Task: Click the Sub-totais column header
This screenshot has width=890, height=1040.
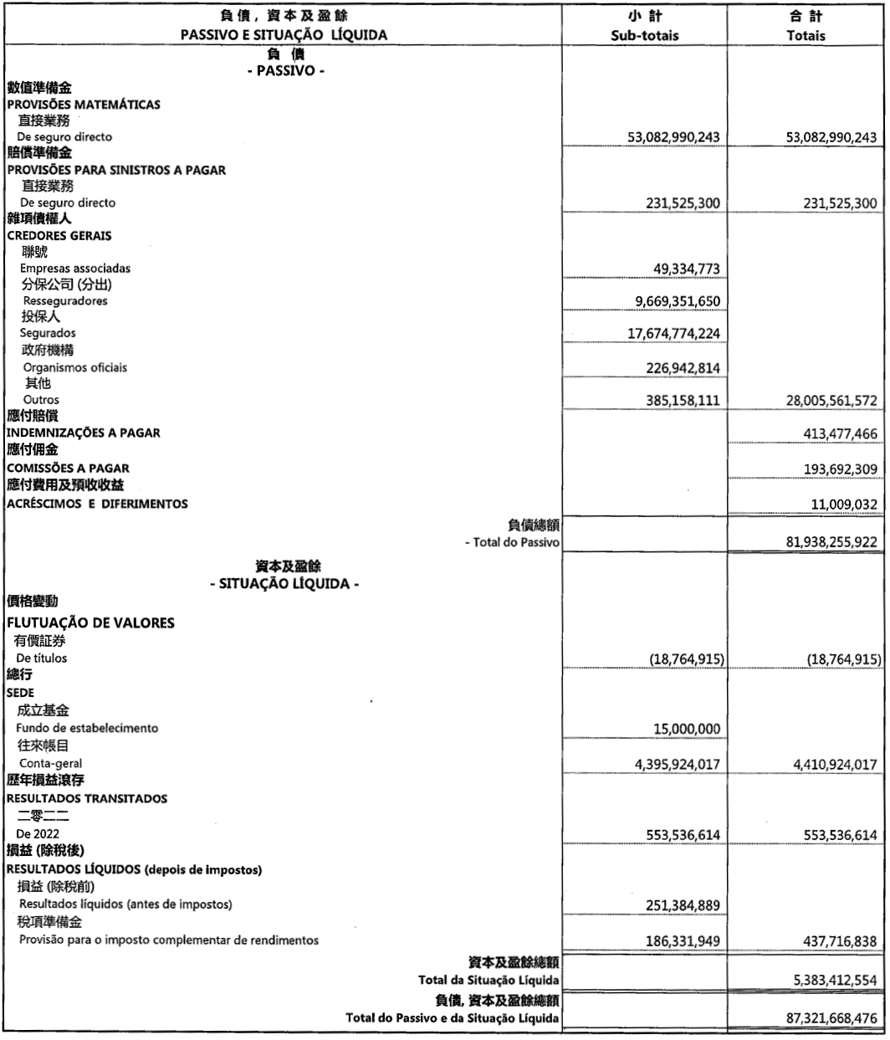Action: point(645,36)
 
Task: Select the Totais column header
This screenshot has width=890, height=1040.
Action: point(806,36)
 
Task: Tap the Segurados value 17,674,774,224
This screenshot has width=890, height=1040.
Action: point(673,334)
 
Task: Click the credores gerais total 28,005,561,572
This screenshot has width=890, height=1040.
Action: point(831,401)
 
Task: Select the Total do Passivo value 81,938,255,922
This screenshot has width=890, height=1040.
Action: point(831,542)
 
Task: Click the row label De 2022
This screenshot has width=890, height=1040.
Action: point(38,834)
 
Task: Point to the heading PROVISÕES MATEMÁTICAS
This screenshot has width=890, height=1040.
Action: point(84,105)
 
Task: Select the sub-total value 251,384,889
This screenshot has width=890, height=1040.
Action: point(682,905)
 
